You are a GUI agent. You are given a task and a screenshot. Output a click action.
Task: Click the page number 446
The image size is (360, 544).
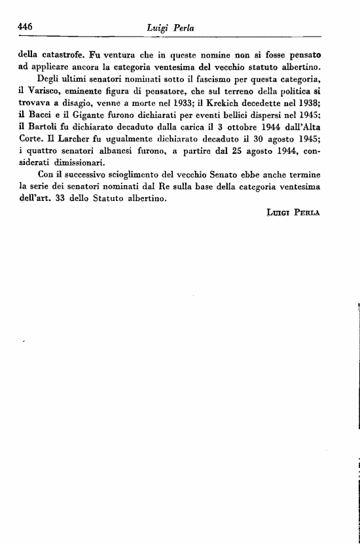[x=26, y=26]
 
